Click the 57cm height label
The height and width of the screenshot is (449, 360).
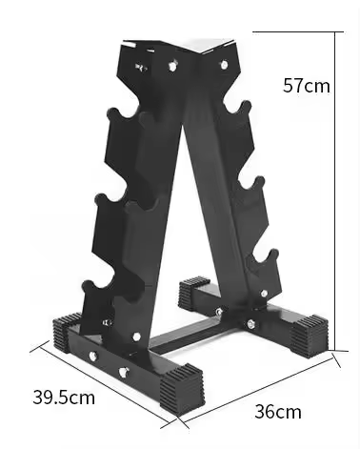307,86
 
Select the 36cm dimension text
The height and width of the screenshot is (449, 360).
278,412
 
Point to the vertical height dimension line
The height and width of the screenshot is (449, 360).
336,191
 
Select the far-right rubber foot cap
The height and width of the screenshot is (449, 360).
310,333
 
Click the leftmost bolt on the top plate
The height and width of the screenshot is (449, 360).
142,68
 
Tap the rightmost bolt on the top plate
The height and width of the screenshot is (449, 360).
224,65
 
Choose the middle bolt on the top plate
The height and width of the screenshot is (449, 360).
173,66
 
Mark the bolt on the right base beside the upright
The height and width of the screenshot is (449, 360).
251,324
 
